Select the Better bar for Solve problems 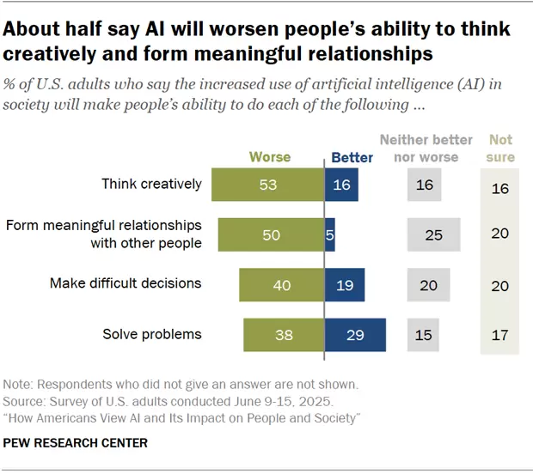355,334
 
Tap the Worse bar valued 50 271,234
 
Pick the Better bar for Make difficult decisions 345,284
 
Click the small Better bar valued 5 330,234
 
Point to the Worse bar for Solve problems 283,334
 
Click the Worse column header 270,157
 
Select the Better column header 352,157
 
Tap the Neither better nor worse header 426,148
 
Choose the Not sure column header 500,148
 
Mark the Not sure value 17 499,334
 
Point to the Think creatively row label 151,184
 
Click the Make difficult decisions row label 126,283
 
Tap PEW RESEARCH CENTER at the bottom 76,443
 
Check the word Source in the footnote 25,400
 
